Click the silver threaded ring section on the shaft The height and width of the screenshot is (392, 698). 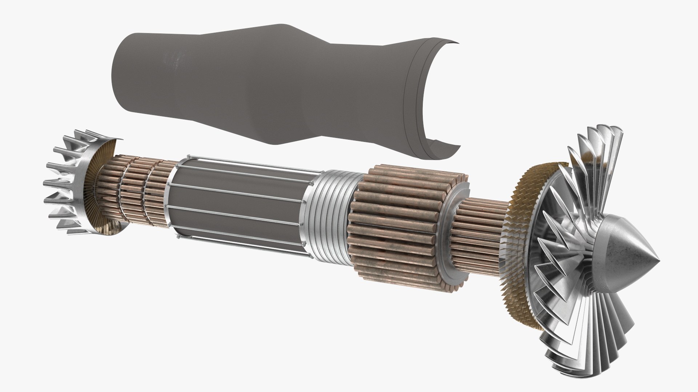329,214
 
